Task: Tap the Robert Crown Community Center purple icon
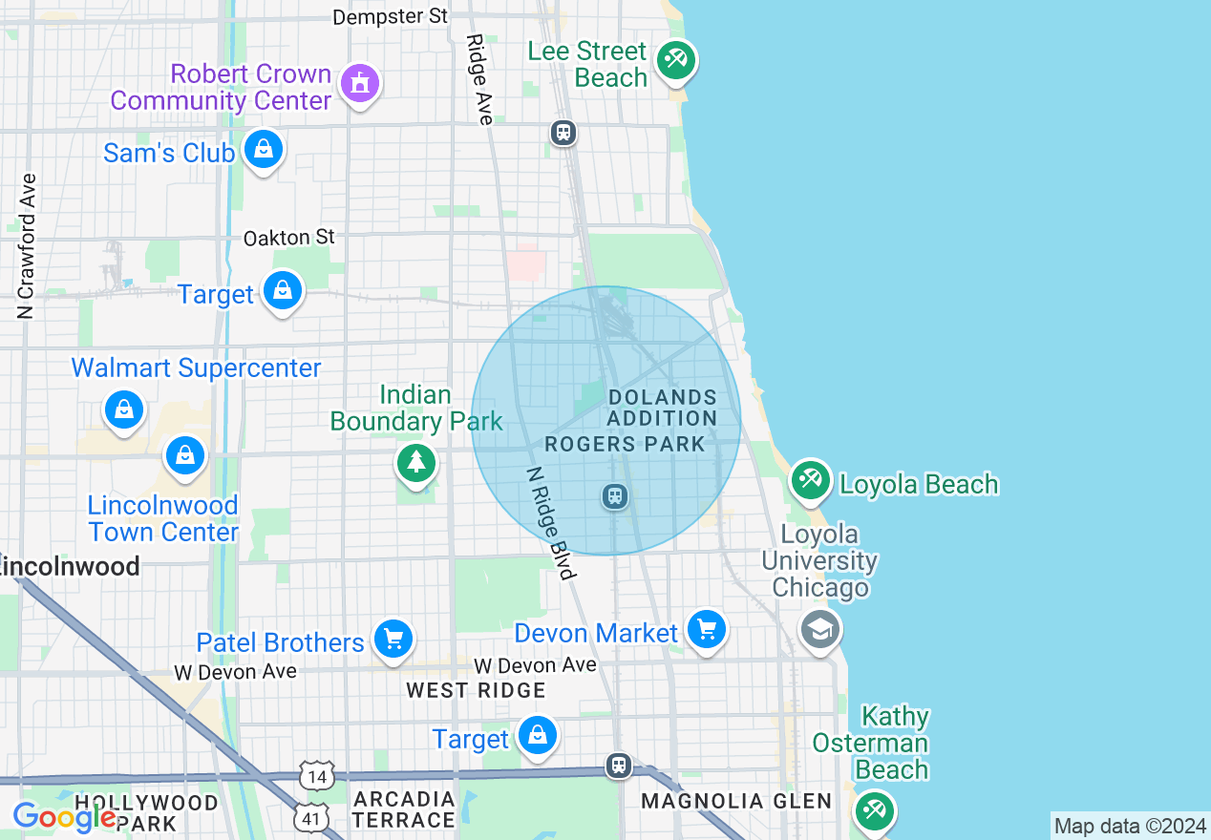[x=359, y=84]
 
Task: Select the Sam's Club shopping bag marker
[x=262, y=149]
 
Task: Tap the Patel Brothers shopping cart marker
[x=393, y=639]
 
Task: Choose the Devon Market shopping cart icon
[x=707, y=630]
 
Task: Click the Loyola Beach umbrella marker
[x=811, y=480]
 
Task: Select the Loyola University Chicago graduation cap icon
[x=820, y=630]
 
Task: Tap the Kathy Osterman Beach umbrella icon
[x=874, y=810]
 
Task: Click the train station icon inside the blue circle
[x=615, y=495]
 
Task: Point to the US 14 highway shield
[x=317, y=775]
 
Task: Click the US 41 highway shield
[x=315, y=817]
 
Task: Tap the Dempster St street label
[x=390, y=16]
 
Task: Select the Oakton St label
[x=288, y=237]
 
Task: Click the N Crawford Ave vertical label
[x=26, y=245]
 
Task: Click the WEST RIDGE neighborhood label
[x=476, y=690]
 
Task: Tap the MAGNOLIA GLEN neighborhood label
[x=736, y=801]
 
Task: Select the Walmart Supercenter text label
[x=196, y=368]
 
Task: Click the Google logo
[x=64, y=817]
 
